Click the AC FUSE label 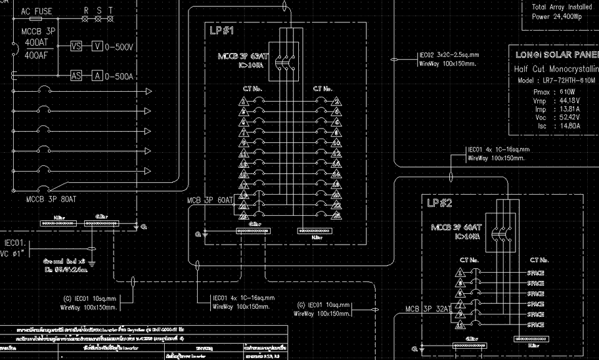coord(37,11)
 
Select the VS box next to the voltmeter coord(76,47)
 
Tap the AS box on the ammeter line coord(76,75)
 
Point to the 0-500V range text coord(120,47)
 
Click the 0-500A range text coord(120,76)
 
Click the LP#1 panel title coord(222,31)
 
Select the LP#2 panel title coord(440,203)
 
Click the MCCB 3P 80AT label coord(51,199)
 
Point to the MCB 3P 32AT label coord(428,309)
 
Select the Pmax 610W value coord(553,92)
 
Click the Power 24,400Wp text coord(557,17)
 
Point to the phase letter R coord(85,11)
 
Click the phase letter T coord(110,11)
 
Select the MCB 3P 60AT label coord(210,201)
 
